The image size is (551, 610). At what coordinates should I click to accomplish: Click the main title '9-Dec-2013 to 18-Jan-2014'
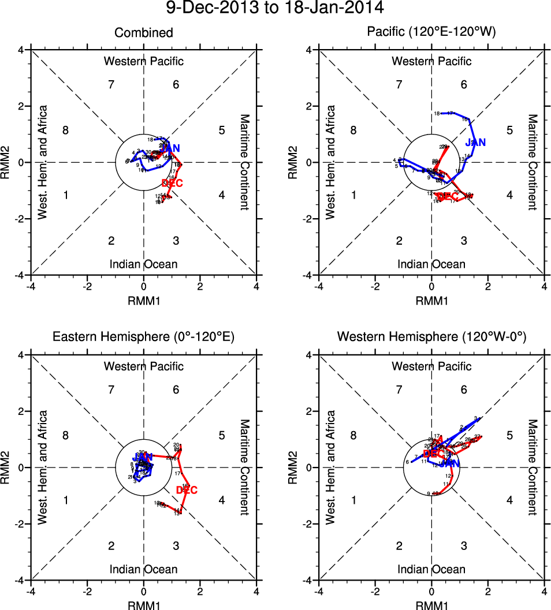pos(275,9)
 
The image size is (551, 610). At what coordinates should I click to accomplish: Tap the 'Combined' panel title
pos(143,33)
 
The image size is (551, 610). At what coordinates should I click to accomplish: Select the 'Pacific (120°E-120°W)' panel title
pos(431,33)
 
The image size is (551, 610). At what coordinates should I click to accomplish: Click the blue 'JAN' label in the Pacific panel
pos(476,142)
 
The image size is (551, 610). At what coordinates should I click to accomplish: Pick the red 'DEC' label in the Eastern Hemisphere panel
pos(187,491)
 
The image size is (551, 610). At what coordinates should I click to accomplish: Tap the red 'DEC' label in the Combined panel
pos(173,184)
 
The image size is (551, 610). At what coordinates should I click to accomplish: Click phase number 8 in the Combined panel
pos(66,130)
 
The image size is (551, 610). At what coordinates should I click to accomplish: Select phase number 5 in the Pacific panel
pos(510,130)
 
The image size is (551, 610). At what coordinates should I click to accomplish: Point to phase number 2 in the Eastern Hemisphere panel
pos(111,545)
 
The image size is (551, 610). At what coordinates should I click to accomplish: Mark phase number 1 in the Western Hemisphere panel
pos(353,500)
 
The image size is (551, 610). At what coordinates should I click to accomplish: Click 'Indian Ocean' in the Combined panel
pos(143,265)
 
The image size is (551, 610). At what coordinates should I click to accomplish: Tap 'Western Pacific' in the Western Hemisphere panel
pos(431,366)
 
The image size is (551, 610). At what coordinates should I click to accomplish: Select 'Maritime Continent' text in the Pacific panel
pos(532,162)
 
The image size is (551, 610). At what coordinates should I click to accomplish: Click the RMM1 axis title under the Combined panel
pos(143,300)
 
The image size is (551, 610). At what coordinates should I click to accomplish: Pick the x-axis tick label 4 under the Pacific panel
pos(544,286)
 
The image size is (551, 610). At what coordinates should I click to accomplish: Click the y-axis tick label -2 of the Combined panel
pos(20,219)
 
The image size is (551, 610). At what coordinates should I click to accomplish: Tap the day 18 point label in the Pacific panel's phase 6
pos(437,113)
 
